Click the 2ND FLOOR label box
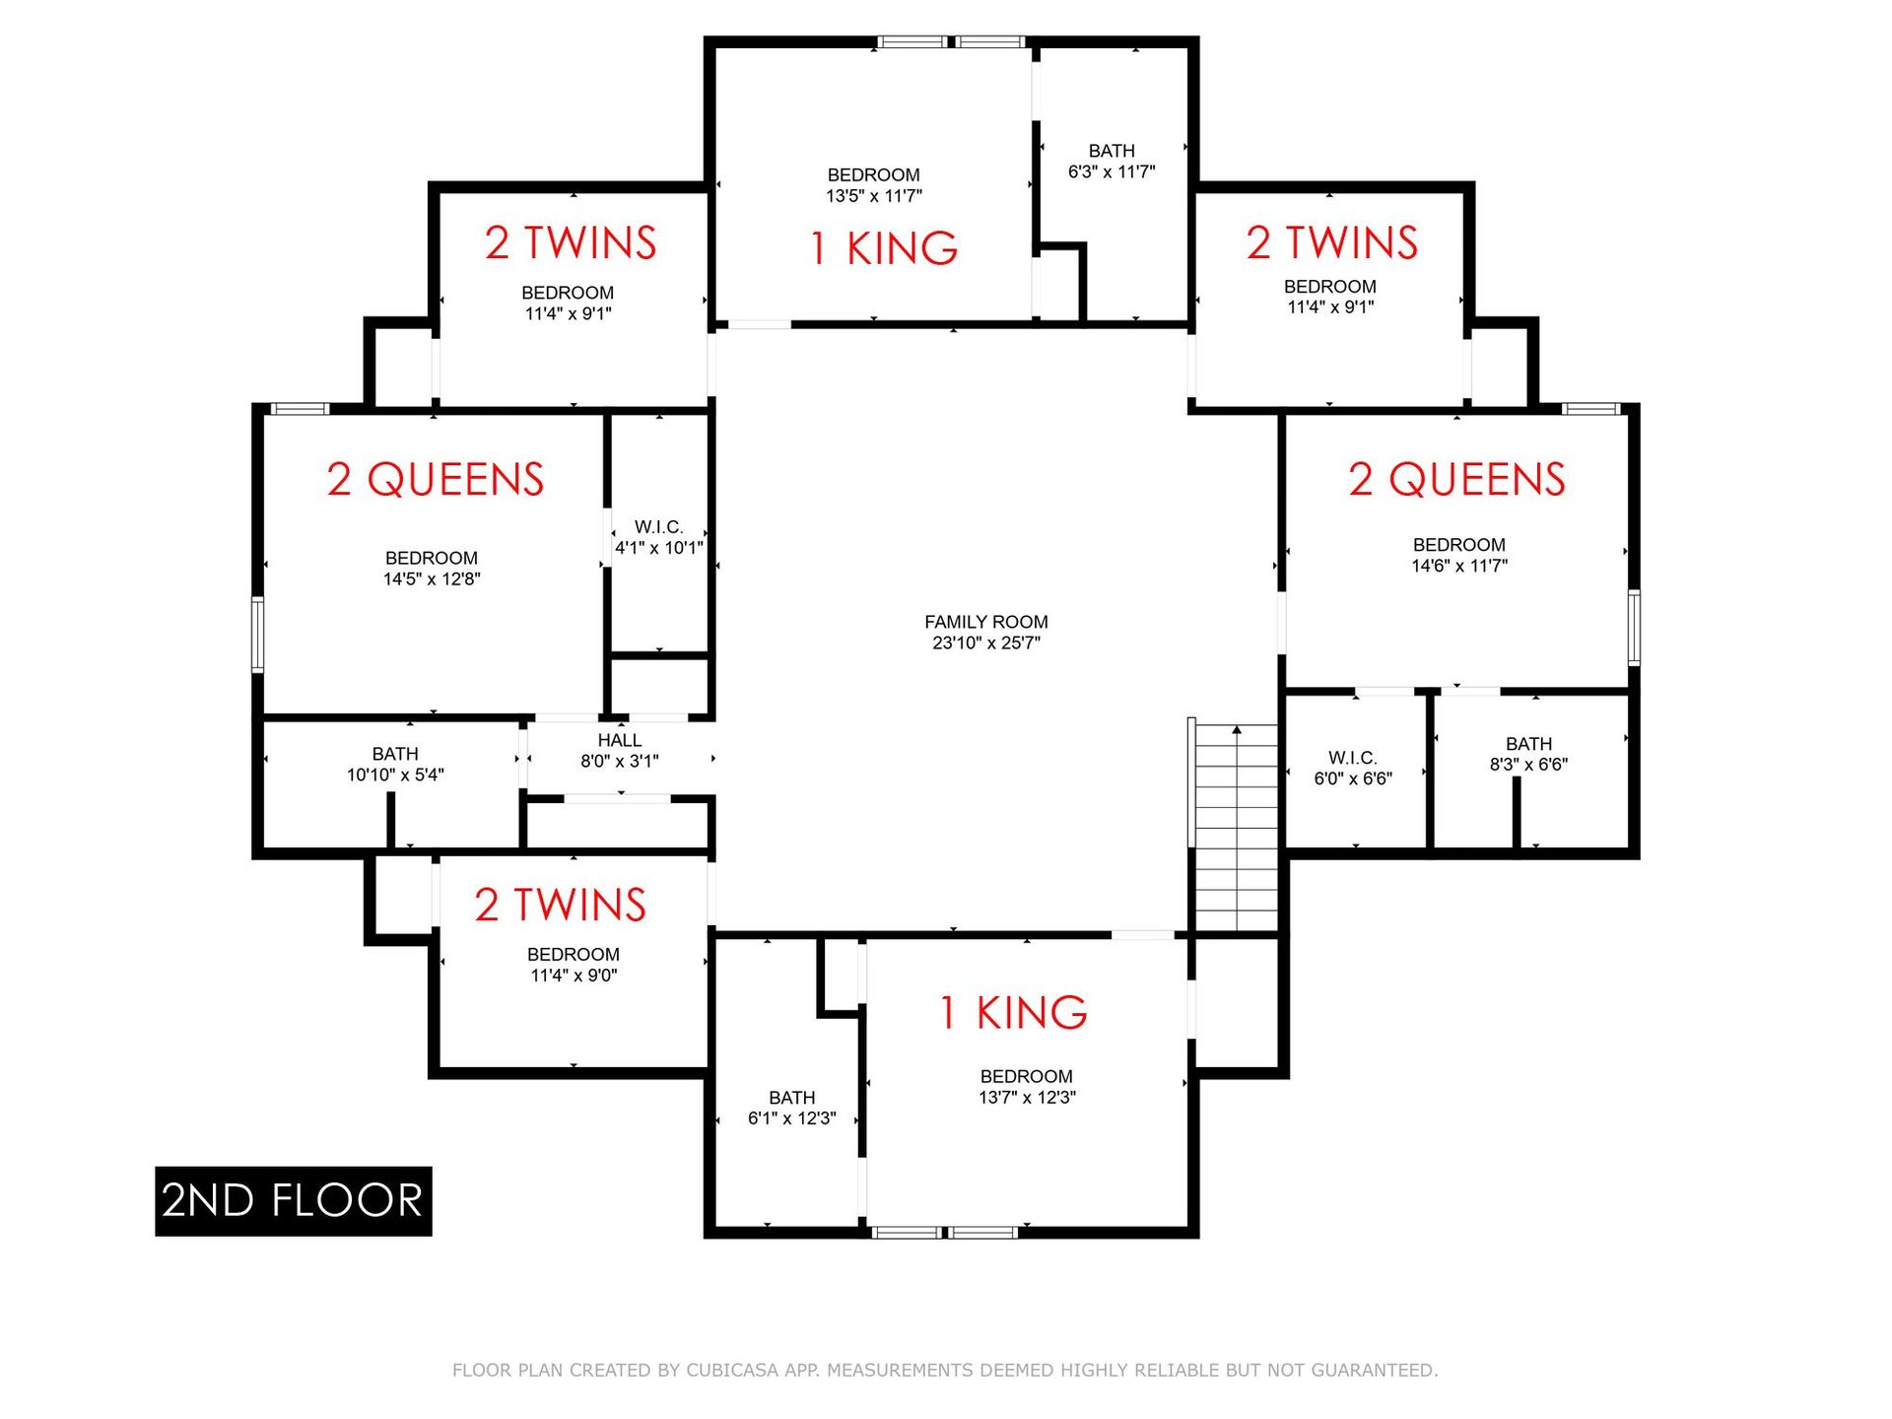coord(294,1200)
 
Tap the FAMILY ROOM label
coord(985,622)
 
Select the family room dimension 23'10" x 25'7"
coord(985,643)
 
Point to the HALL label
coord(619,740)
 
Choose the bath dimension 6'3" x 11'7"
coord(1112,172)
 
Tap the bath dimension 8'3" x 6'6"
coord(1528,765)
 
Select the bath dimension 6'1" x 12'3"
coord(791,1118)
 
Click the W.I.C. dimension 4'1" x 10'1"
coord(658,548)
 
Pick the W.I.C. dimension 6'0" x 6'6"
coord(1352,779)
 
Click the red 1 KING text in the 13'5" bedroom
coord(883,248)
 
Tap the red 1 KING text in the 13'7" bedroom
coord(1013,1013)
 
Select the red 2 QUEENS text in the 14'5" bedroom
coord(436,480)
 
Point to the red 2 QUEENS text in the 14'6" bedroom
coord(1456,480)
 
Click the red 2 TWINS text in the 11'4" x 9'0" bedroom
coord(560,905)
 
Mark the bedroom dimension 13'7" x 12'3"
coord(1027,1098)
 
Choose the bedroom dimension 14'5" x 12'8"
coord(432,579)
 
